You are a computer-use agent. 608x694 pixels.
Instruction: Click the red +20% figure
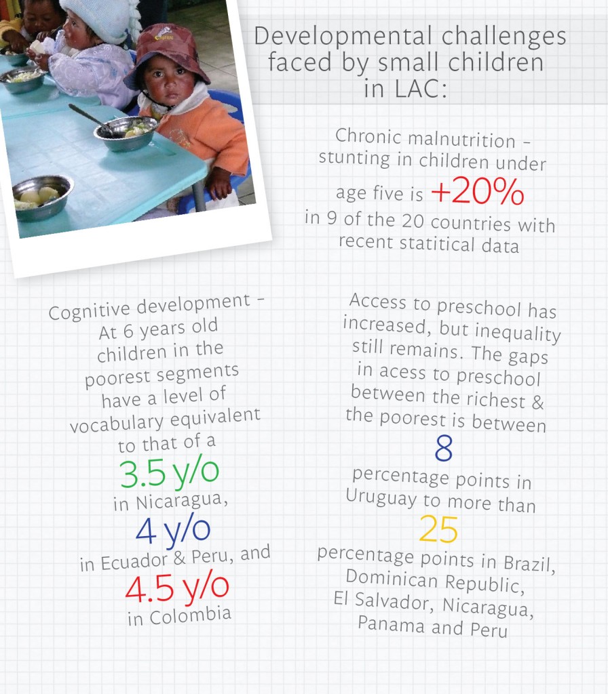477,193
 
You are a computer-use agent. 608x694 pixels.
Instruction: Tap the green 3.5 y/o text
170,473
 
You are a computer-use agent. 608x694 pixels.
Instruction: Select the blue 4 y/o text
173,531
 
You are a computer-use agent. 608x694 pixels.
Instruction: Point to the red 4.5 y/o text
177,588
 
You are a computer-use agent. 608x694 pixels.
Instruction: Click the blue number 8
443,449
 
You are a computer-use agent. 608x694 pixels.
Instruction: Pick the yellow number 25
438,530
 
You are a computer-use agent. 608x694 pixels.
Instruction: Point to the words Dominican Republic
425,581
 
